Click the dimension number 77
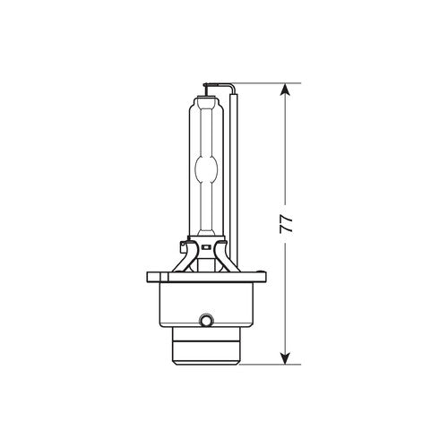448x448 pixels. pos(286,225)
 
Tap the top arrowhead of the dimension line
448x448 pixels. pos(286,90)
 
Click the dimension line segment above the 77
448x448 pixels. pos(286,152)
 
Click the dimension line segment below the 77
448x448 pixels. pos(286,296)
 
